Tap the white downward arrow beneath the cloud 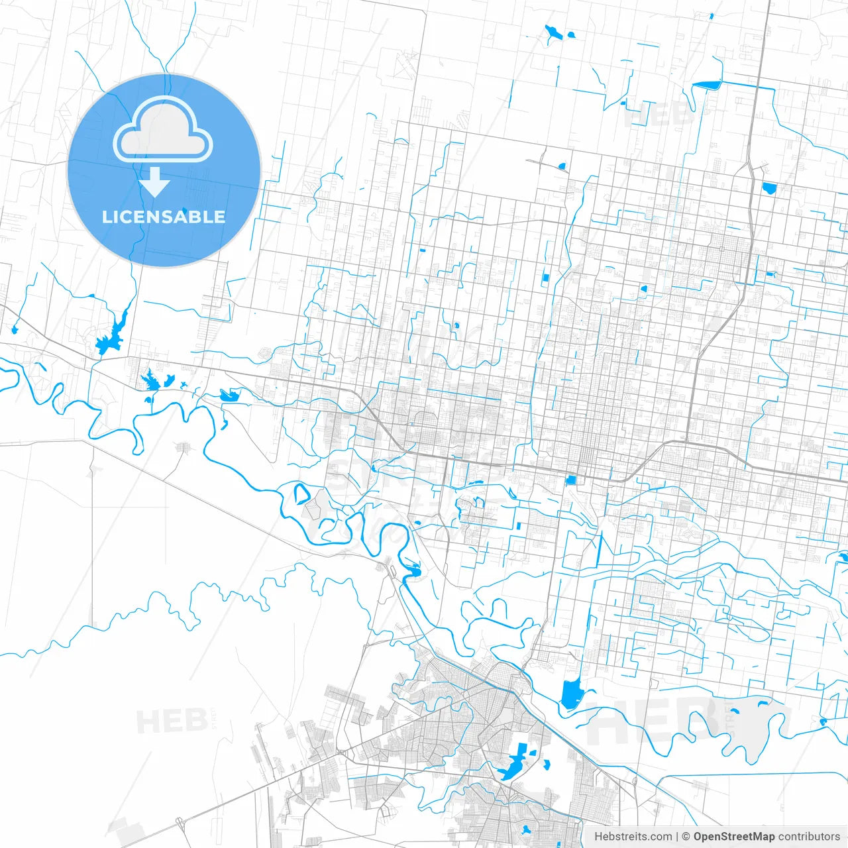tap(154, 182)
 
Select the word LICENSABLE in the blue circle tap(164, 217)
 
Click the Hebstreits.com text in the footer tap(633, 837)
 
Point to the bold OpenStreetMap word tap(733, 837)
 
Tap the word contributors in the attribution tap(808, 837)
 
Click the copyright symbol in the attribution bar tap(686, 837)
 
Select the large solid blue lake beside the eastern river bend tap(570, 694)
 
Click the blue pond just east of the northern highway tap(768, 187)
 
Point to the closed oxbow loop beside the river tap(301, 494)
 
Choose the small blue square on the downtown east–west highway tap(571, 480)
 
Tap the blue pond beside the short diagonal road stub tap(562, 166)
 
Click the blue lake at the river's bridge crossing tap(413, 570)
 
